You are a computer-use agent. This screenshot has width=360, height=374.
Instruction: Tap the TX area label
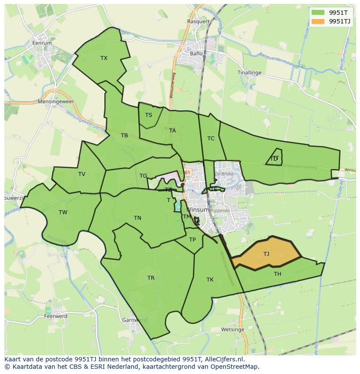[104, 58]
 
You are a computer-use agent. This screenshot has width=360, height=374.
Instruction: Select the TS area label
[149, 115]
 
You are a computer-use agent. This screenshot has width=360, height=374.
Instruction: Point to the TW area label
[63, 212]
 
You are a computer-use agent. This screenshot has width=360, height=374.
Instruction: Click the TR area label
[151, 278]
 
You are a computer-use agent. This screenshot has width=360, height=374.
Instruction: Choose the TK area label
[210, 280]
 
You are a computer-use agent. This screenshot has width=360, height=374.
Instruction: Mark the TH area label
[277, 274]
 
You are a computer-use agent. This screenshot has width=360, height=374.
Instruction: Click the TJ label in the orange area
[266, 254]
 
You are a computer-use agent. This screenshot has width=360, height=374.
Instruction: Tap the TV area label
[82, 174]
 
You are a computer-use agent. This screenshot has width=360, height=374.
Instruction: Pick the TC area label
[211, 139]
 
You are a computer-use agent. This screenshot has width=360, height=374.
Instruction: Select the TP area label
[192, 240]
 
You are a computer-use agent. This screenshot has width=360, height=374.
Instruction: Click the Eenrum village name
[42, 43]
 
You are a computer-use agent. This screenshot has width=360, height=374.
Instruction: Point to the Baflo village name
[197, 54]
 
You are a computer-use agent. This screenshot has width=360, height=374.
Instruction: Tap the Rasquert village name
[198, 21]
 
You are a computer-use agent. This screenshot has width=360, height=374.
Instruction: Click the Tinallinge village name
[250, 73]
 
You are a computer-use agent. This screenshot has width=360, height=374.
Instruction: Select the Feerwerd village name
[56, 316]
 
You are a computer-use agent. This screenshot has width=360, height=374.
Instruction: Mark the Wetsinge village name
[232, 330]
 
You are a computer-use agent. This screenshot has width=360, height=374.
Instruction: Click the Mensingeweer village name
[56, 102]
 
